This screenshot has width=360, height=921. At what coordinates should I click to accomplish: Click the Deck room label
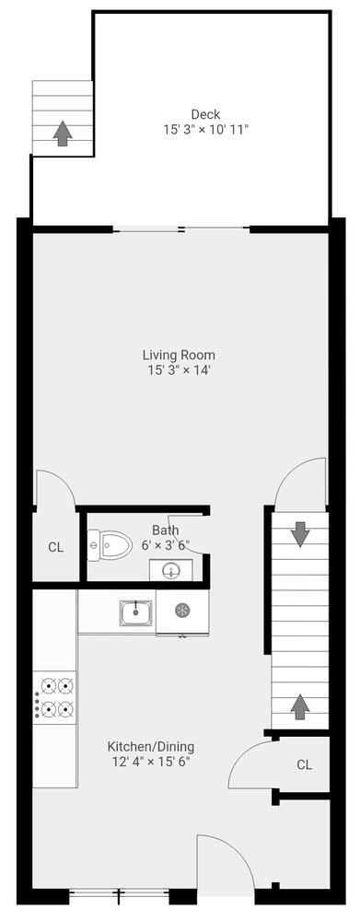point(205,114)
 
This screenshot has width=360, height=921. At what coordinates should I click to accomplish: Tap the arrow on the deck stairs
point(63,134)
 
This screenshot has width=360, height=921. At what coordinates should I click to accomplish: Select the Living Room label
point(179,355)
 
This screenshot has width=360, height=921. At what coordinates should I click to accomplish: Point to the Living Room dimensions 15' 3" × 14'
point(179,370)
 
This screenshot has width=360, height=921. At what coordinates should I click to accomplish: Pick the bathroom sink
point(170,571)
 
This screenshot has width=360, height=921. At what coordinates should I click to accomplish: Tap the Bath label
point(166,530)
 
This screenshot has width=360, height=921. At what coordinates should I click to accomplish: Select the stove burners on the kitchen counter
point(55,697)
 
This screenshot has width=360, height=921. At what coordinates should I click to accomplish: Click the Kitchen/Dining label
point(151,746)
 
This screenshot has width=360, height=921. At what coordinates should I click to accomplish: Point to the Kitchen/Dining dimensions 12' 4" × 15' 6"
point(151,762)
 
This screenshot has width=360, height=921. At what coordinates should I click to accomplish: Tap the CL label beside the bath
point(55,547)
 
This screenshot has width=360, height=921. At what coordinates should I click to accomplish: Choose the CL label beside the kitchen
point(305,764)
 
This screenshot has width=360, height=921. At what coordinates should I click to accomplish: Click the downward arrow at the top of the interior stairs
point(299,533)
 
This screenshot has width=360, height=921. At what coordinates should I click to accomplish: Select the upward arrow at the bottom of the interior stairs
point(299,706)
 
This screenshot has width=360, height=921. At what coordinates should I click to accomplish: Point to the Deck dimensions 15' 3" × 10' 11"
point(205,130)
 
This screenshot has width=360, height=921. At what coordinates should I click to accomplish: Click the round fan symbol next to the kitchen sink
point(182,610)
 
